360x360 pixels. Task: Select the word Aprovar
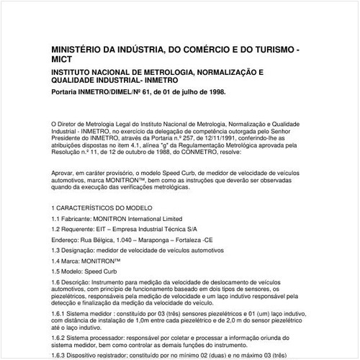(63, 174)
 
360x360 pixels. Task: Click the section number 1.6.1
(59, 305)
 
